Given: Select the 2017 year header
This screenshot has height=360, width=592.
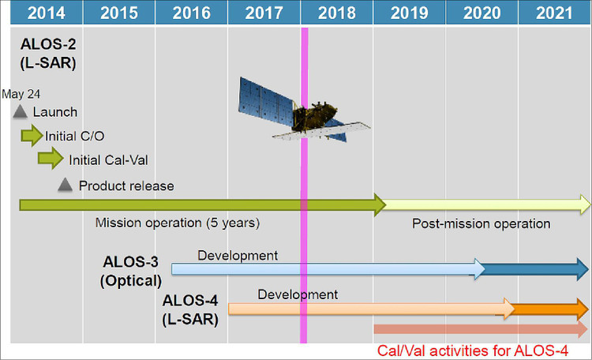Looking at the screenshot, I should click(264, 13).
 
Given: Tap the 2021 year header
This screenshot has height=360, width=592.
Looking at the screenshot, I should click(555, 13).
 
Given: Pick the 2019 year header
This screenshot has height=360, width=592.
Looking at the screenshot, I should click(409, 13).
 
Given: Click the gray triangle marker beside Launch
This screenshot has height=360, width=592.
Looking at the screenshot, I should click(21, 112).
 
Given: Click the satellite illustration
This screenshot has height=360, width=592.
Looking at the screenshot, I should click(300, 112).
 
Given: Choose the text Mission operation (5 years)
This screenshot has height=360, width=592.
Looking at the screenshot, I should click(177, 223).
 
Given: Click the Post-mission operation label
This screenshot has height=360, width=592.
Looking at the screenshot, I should click(481, 223).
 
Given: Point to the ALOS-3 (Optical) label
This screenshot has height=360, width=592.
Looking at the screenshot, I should click(132, 270).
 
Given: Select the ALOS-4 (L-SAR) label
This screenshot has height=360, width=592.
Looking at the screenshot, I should click(190, 309).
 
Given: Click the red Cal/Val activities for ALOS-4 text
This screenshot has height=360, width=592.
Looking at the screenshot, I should click(482, 350).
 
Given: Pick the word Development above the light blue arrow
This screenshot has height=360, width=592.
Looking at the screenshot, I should click(238, 255).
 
